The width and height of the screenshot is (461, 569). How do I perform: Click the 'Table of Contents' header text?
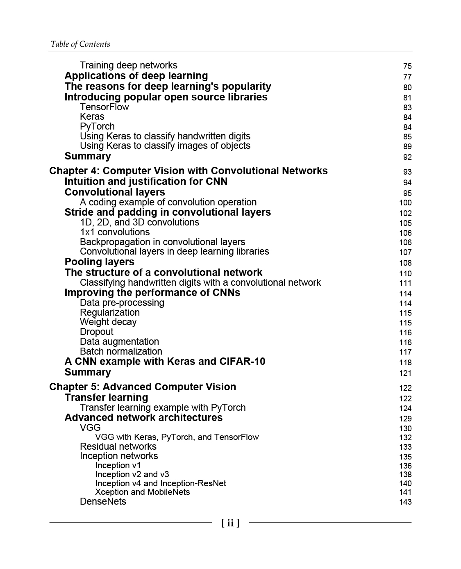point(80,44)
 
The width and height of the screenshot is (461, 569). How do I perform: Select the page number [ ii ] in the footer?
point(230,523)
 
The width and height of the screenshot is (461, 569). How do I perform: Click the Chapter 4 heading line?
point(188,171)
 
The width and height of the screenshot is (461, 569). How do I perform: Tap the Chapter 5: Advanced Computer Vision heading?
point(143,387)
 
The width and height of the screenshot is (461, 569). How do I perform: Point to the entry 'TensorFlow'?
point(104,107)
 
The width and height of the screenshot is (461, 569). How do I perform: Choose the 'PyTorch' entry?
point(97,126)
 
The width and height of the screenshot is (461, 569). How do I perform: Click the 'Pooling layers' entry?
point(99,262)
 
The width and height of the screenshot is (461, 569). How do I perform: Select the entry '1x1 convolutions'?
point(115,232)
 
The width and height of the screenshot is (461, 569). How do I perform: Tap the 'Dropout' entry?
point(97,332)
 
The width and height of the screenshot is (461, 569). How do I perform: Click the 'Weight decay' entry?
point(108,322)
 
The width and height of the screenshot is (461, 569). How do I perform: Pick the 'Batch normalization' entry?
point(121,351)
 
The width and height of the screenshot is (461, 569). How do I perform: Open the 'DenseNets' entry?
point(103,501)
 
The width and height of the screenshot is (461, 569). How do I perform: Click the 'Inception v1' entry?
point(118,465)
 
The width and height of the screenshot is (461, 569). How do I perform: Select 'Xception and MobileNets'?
point(143,492)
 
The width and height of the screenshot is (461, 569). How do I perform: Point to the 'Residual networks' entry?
point(118,446)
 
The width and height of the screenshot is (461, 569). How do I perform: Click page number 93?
point(407,172)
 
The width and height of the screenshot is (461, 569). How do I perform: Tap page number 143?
point(405,502)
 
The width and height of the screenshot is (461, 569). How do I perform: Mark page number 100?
point(405,203)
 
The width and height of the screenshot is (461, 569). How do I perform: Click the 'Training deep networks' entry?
point(129,66)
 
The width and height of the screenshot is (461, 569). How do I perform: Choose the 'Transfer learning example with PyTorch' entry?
point(163,407)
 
